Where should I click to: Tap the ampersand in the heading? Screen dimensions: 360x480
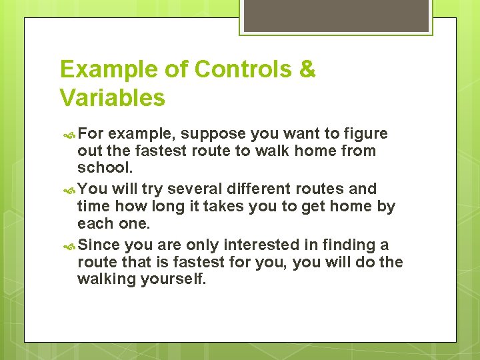[308, 69]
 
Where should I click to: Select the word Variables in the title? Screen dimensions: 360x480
[112, 98]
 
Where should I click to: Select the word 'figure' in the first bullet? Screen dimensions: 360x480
[365, 134]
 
